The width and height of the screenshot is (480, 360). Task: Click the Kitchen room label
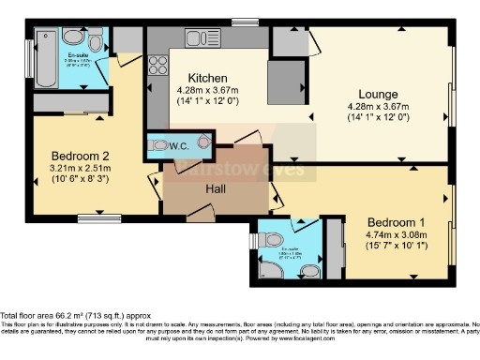pyautogui.click(x=204, y=78)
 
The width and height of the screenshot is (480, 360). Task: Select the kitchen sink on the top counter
pyautogui.click(x=202, y=38)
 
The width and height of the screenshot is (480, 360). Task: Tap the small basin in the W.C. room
pyautogui.click(x=202, y=142)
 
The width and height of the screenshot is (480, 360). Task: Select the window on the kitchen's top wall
pyautogui.click(x=246, y=22)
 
